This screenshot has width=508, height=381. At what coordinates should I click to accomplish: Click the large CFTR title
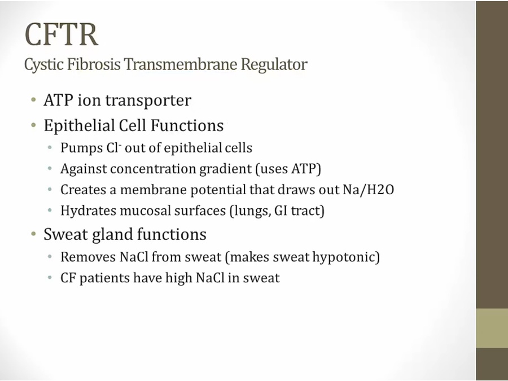click(x=61, y=34)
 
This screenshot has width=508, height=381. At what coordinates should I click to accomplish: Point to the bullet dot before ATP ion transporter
click(x=33, y=99)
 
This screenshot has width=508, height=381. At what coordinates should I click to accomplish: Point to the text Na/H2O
click(x=369, y=190)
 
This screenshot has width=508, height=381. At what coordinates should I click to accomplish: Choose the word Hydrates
click(x=88, y=211)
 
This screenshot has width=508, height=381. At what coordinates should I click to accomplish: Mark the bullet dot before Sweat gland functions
click(x=33, y=234)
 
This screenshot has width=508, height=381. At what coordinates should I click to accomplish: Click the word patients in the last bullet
click(x=104, y=278)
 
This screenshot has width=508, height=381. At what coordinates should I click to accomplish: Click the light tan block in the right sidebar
click(x=492, y=328)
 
